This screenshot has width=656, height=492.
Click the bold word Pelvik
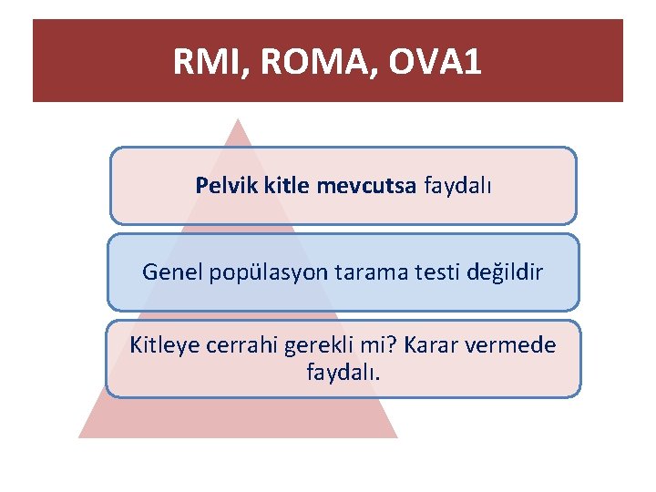tap(226, 186)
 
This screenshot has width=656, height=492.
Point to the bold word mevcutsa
tap(366, 186)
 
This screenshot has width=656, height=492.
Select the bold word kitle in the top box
tap(286, 186)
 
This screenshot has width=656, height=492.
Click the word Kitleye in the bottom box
tap(163, 346)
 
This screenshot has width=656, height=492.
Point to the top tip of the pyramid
tap(238, 119)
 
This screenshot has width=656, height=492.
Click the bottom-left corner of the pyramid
tap(80, 436)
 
